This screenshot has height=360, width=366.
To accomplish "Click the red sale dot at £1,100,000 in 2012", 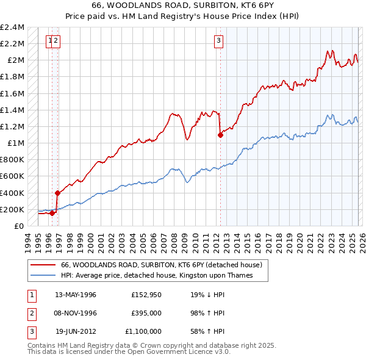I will click(x=220, y=135).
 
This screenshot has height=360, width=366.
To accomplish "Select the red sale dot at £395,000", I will click(x=57, y=193).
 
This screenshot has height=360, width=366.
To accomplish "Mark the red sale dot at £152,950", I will click(x=52, y=213).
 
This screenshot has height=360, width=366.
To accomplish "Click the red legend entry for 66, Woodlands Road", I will click(x=161, y=265).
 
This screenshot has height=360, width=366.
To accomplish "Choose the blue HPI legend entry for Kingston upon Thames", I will click(x=155, y=276).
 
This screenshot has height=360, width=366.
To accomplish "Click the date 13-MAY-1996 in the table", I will click(x=76, y=295).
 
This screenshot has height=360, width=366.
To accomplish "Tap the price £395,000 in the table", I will click(x=146, y=313).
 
